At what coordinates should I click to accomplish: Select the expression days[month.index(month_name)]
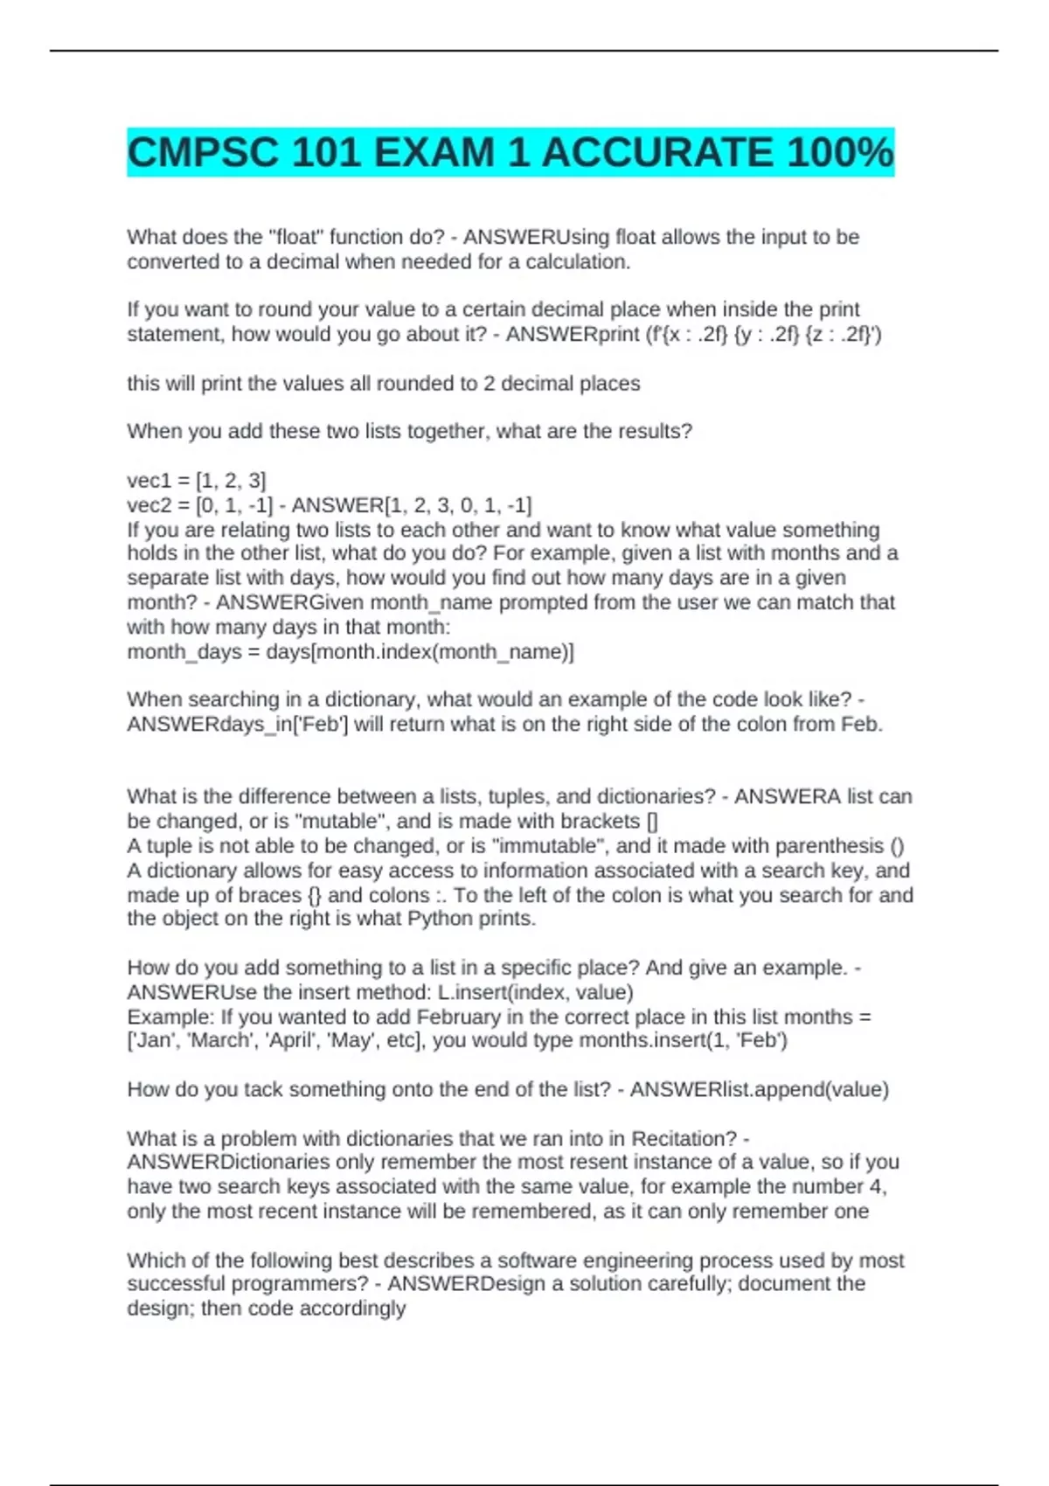click(x=420, y=652)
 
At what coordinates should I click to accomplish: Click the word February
click(x=460, y=1017)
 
